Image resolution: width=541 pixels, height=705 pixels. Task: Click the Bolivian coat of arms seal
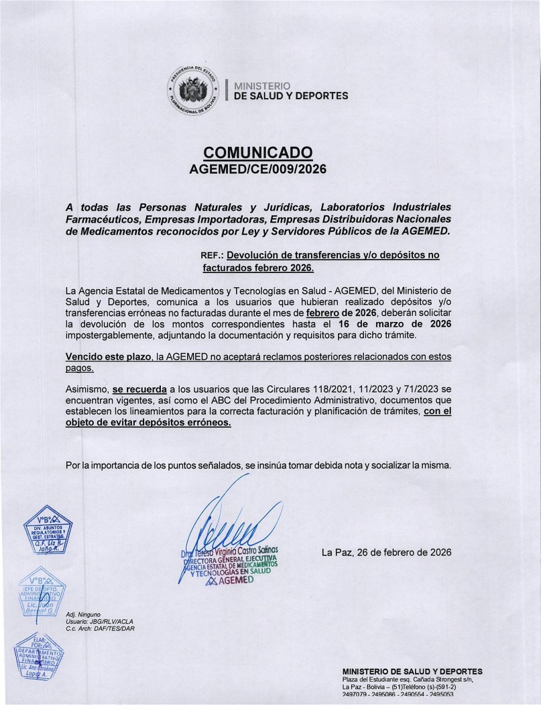(x=192, y=92)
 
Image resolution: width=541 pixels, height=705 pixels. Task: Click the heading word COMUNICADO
(x=258, y=152)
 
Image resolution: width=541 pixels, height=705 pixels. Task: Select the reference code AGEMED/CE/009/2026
(x=258, y=169)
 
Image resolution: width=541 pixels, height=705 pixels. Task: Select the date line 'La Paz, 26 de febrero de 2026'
(x=386, y=552)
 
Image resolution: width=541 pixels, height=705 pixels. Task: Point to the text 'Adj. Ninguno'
(x=82, y=614)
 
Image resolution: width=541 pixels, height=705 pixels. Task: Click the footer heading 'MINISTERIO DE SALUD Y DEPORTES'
(x=412, y=671)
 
